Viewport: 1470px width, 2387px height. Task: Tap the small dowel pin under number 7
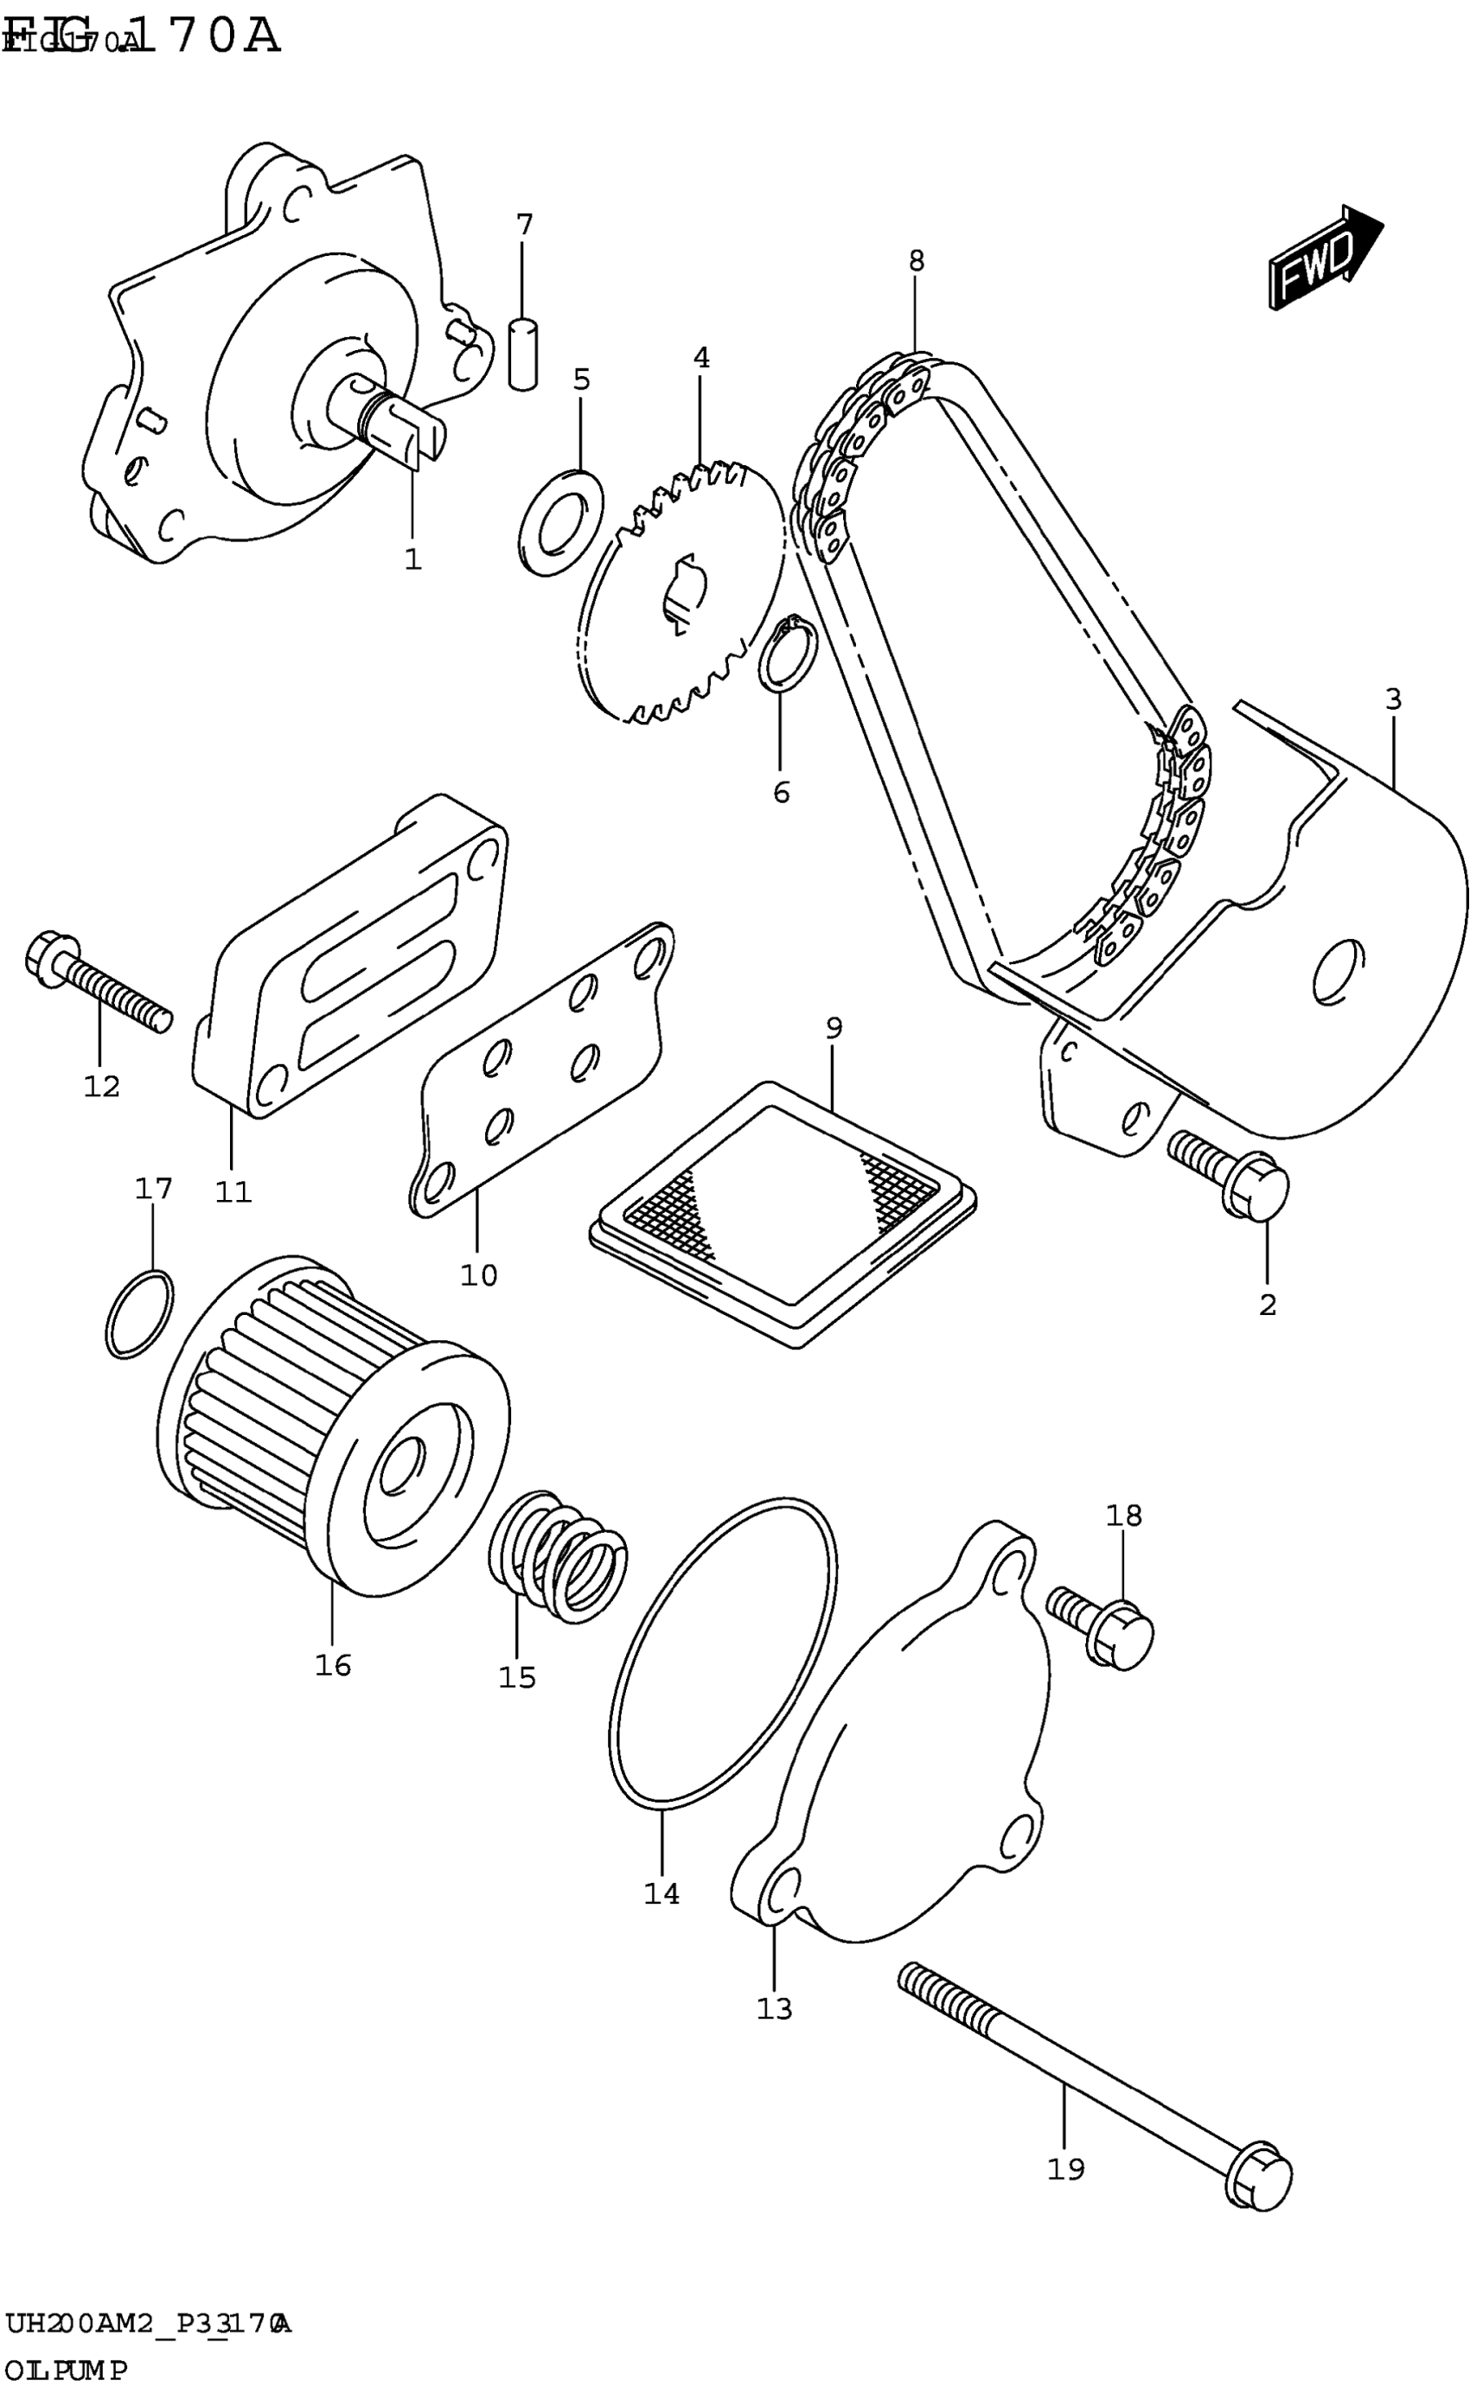[524, 354]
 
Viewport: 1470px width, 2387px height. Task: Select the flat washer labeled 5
[562, 522]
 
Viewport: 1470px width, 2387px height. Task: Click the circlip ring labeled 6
[788, 652]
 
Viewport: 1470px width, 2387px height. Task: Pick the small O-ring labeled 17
[140, 1313]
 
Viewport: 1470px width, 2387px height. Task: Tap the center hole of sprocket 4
[686, 593]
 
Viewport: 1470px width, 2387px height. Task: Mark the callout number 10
[478, 1275]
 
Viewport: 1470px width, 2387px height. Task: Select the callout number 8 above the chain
[916, 260]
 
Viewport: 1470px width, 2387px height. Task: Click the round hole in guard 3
[1338, 970]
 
